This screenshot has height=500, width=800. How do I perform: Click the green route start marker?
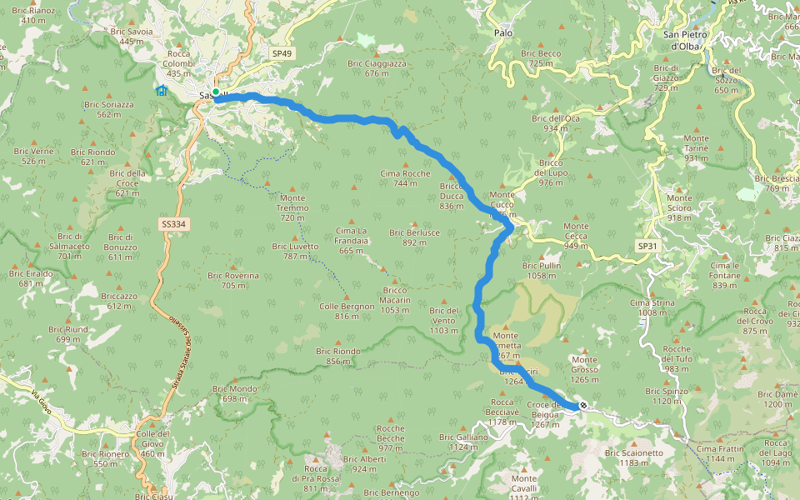click(x=215, y=92)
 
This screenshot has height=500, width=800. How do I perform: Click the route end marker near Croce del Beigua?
click(x=583, y=406)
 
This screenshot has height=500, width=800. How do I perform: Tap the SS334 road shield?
click(x=172, y=224)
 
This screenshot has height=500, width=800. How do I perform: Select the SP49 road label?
click(x=282, y=53)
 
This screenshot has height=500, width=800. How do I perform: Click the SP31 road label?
click(x=647, y=247)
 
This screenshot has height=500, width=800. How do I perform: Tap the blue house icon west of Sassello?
click(x=161, y=91)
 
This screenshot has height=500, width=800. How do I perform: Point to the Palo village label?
click(x=502, y=32)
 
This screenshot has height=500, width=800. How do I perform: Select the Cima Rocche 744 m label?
click(x=405, y=178)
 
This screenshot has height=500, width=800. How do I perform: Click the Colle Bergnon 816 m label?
click(x=346, y=311)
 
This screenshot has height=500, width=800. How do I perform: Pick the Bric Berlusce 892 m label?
click(x=414, y=237)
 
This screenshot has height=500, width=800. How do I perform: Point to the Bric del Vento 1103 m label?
click(x=443, y=321)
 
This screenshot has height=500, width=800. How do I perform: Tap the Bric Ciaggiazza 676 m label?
click(x=377, y=68)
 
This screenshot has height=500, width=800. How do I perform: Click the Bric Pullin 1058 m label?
click(x=541, y=270)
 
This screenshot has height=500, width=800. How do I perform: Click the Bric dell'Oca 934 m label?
click(x=556, y=123)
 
